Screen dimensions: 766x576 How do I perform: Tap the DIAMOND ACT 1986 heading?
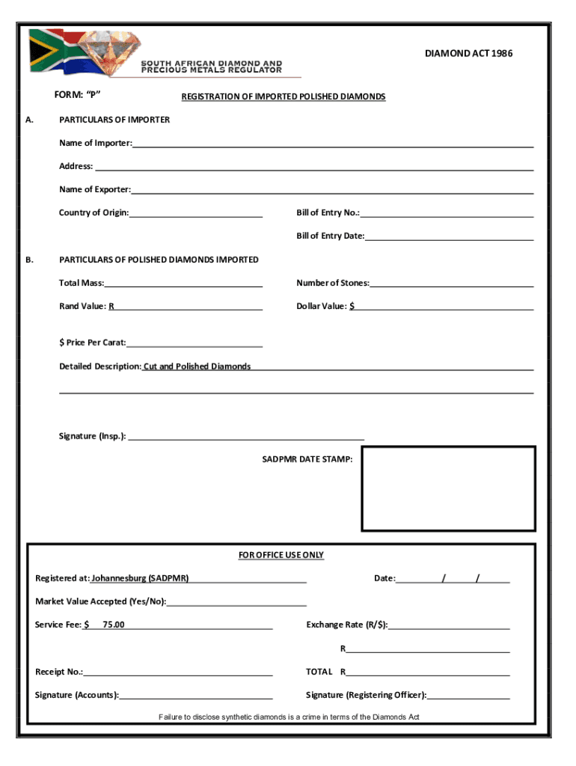(x=468, y=53)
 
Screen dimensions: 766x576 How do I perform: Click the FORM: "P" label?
(x=78, y=94)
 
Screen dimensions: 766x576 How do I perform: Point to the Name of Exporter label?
(x=95, y=189)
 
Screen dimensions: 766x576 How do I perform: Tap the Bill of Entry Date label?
(x=330, y=236)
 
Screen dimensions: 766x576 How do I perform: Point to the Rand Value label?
(x=84, y=306)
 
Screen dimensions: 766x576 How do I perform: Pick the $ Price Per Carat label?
(x=93, y=343)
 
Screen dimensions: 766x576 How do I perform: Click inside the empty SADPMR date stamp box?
(x=448, y=488)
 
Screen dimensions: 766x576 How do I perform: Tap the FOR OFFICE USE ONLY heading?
(x=281, y=555)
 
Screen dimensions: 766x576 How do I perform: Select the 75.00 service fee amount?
(x=114, y=625)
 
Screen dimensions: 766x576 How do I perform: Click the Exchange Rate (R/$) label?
(x=346, y=625)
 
